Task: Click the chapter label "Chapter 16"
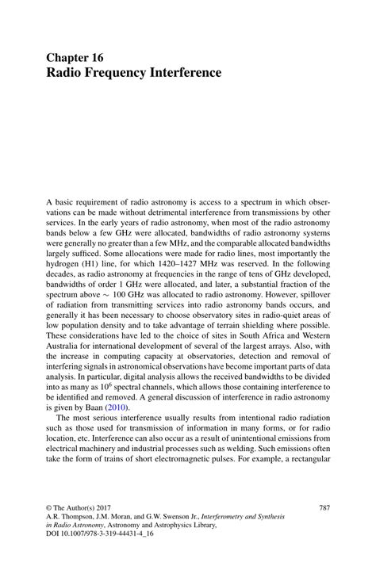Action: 74,58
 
